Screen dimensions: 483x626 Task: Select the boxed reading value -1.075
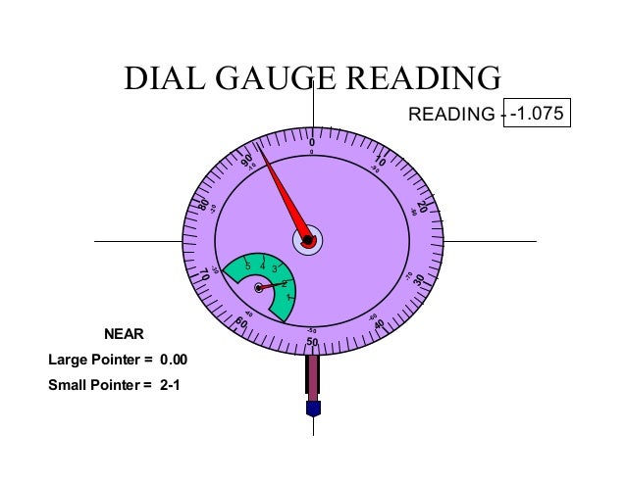536,114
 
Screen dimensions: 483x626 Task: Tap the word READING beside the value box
450,116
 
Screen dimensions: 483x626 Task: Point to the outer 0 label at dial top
312,142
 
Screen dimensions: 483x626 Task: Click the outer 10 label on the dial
380,160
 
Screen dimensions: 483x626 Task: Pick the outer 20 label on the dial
421,208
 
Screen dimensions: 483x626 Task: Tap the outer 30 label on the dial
419,280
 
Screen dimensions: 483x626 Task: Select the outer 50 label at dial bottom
312,341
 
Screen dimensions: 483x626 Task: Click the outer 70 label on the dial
205,275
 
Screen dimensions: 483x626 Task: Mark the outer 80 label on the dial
204,205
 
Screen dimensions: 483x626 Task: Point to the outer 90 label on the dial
246,159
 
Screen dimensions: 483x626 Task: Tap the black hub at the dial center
307,240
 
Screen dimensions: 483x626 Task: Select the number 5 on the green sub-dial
248,266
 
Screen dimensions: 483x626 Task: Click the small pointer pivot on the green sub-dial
259,288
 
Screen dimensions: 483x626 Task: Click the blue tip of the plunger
313,407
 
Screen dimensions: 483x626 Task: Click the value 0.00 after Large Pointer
173,360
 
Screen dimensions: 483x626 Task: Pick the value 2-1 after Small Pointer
170,384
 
